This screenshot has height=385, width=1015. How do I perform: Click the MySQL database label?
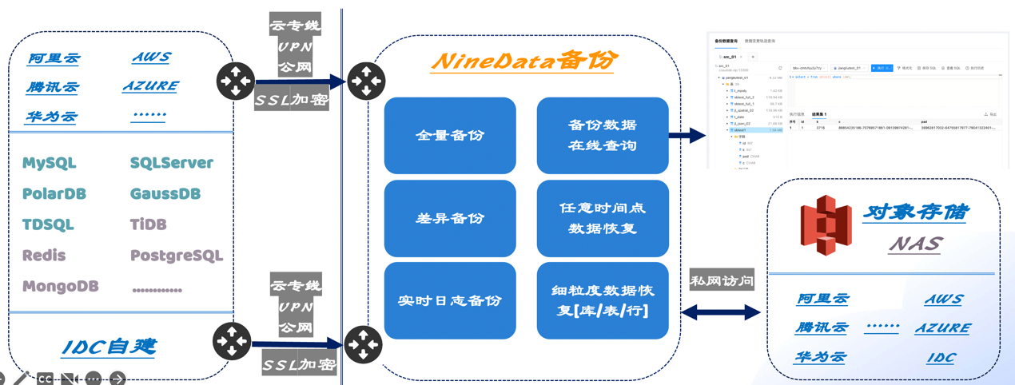(50, 163)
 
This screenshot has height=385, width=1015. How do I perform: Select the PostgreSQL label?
(176, 256)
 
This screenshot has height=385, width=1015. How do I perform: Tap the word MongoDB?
(61, 286)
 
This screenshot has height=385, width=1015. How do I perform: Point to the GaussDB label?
(165, 194)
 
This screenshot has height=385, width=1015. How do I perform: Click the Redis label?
(44, 256)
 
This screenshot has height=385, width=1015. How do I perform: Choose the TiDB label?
(148, 224)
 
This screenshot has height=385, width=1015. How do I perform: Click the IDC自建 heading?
(109, 347)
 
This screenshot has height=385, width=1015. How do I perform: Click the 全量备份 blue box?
(450, 136)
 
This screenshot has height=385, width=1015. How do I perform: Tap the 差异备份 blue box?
(450, 218)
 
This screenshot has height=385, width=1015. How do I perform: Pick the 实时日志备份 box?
(450, 300)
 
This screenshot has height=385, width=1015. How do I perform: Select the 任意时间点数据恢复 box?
(603, 218)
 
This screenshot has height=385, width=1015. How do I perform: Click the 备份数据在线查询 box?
(603, 136)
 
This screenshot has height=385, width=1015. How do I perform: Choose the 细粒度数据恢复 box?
(603, 300)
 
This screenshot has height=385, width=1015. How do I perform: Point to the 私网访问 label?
(722, 280)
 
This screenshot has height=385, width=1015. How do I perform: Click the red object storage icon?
(826, 224)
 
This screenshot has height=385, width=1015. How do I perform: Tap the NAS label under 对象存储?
(915, 244)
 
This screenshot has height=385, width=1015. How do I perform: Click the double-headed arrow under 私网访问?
(722, 313)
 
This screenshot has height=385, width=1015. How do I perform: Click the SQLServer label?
(171, 163)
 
